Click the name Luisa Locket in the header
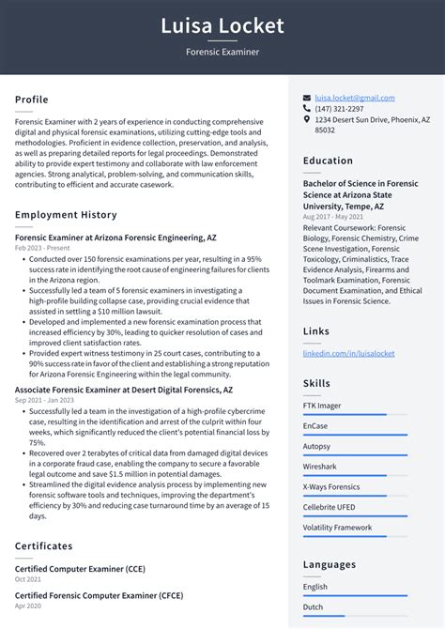(222, 24)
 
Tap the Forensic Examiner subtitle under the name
(222, 53)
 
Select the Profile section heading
(32, 100)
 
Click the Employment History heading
(66, 215)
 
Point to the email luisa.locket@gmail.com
(355, 98)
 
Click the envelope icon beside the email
(307, 98)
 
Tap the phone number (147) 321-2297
(339, 109)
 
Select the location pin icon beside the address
(307, 120)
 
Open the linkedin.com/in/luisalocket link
(348, 353)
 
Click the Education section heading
(328, 161)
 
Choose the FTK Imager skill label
(322, 406)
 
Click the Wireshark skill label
(320, 466)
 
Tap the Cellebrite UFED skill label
(330, 507)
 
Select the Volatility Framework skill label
(337, 528)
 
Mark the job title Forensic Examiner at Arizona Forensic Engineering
(115, 238)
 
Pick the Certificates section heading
(45, 545)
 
